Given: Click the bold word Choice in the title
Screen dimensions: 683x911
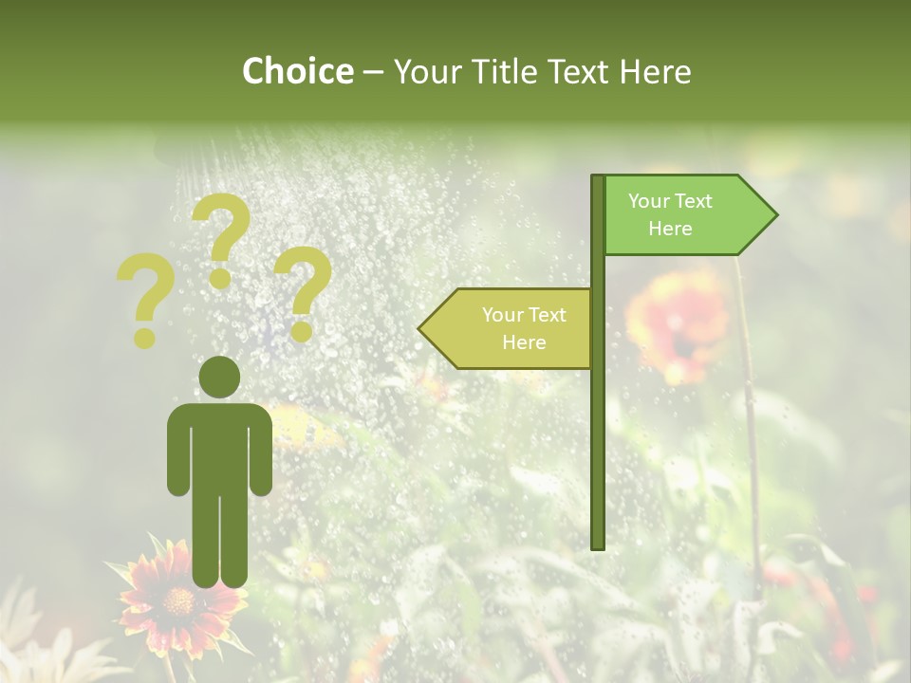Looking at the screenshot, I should point(297,71).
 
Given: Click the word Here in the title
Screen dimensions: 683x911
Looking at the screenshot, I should point(655,71).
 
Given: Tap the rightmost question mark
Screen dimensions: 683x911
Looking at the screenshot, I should point(303,292).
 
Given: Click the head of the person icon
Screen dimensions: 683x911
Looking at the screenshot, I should point(219,377).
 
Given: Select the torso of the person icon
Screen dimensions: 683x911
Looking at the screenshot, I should point(219,446).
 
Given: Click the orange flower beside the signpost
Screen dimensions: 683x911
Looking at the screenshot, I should point(676,323).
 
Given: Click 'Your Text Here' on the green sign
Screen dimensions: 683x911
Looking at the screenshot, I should point(670,214).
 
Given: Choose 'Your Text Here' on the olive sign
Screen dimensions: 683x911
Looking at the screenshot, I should point(524,328).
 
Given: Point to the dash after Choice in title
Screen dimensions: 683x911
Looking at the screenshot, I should point(373,73).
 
